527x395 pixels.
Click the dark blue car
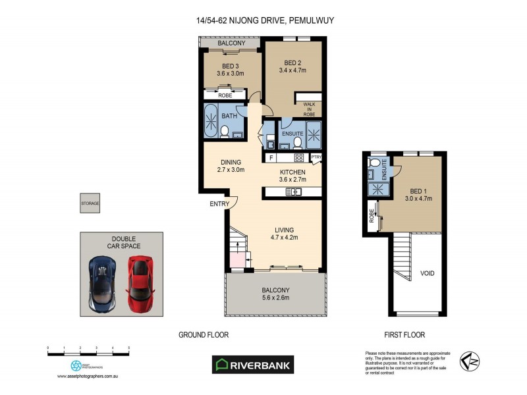[103, 284]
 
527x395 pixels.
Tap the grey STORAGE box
[90, 203]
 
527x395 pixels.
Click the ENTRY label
[219, 204]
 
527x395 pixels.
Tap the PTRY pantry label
[316, 157]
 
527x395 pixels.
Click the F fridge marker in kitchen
[270, 157]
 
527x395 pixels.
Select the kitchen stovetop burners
[298, 157]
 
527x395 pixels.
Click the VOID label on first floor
[427, 273]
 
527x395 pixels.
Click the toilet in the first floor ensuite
[375, 163]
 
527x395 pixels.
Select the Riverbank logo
[252, 364]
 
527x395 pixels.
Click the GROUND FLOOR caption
[204, 334]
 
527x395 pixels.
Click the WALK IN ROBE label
[310, 109]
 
